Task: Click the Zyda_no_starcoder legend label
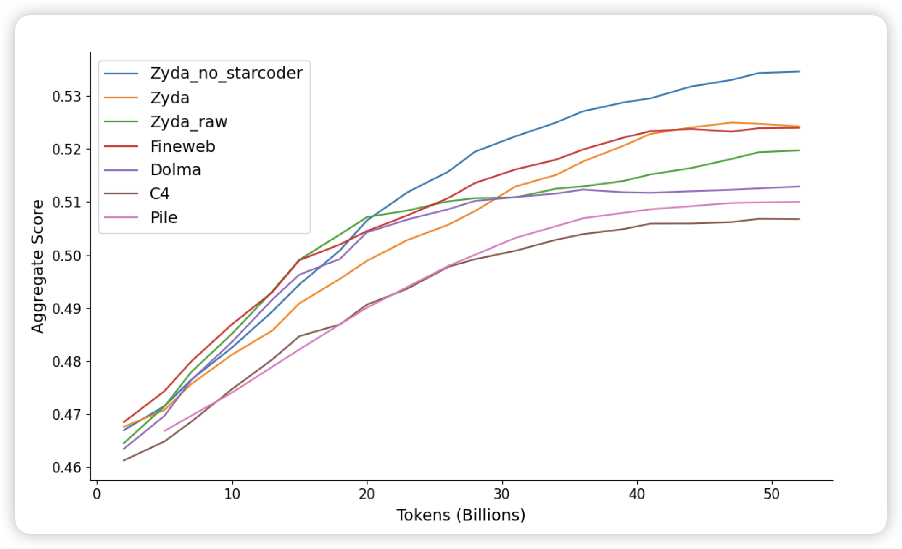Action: pyautogui.click(x=226, y=73)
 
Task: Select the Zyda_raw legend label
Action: pyautogui.click(x=189, y=122)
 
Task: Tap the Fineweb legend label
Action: pyautogui.click(x=182, y=146)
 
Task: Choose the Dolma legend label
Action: pyautogui.click(x=176, y=170)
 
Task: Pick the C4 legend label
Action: pyautogui.click(x=160, y=194)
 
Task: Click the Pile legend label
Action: pyautogui.click(x=164, y=218)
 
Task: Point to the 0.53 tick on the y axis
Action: pyautogui.click(x=66, y=97)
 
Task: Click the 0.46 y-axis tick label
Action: pyautogui.click(x=66, y=467)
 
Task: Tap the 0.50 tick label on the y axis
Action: pyautogui.click(x=66, y=256)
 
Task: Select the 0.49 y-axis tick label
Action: pyautogui.click(x=66, y=309)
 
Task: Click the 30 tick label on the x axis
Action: pyautogui.click(x=502, y=494)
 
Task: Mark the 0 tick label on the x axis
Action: pyautogui.click(x=97, y=494)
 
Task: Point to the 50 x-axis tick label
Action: pyautogui.click(x=772, y=494)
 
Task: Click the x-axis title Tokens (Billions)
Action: pyautogui.click(x=461, y=515)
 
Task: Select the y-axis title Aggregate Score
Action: pyautogui.click(x=38, y=267)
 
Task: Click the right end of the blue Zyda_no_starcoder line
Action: pyautogui.click(x=799, y=71)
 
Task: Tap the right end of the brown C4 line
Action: pyautogui.click(x=799, y=219)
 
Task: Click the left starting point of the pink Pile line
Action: pyautogui.click(x=164, y=431)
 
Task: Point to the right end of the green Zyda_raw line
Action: pyautogui.click(x=799, y=150)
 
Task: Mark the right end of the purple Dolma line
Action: pyautogui.click(x=799, y=187)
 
